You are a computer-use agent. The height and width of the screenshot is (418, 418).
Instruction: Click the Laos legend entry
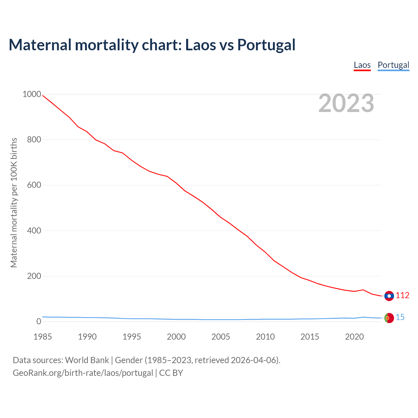(x=362, y=65)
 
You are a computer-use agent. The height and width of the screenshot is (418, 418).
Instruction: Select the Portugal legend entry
(x=393, y=65)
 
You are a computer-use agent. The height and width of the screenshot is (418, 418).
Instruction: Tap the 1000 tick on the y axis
(x=32, y=94)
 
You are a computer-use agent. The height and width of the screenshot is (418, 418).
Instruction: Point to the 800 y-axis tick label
(x=34, y=140)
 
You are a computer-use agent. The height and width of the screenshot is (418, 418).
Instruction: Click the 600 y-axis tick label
(x=34, y=185)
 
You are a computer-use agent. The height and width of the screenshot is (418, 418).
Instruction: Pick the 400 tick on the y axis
(x=34, y=231)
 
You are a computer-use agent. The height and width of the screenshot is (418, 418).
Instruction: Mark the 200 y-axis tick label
(x=34, y=276)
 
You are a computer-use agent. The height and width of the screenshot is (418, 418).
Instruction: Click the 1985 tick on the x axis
(x=42, y=337)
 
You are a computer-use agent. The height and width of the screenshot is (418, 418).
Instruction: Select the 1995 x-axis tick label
(x=132, y=337)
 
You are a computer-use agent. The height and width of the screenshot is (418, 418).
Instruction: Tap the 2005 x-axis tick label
(x=221, y=337)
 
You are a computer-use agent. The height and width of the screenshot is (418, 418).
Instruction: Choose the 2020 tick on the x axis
(x=354, y=337)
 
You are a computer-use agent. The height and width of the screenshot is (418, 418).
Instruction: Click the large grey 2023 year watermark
(x=346, y=103)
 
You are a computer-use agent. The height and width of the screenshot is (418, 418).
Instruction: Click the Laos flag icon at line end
(x=389, y=296)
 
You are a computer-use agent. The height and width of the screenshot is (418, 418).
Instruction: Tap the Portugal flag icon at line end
(x=389, y=318)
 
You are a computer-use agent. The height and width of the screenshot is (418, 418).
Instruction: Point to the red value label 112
(x=402, y=296)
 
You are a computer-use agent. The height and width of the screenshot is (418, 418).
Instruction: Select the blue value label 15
(x=400, y=317)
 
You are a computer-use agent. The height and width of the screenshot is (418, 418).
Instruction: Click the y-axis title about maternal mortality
(x=14, y=202)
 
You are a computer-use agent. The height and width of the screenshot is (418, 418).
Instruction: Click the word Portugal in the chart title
(x=266, y=45)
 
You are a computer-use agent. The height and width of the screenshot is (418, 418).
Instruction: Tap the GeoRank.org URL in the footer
(x=83, y=373)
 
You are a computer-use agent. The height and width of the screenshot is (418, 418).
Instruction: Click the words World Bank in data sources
(x=87, y=360)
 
